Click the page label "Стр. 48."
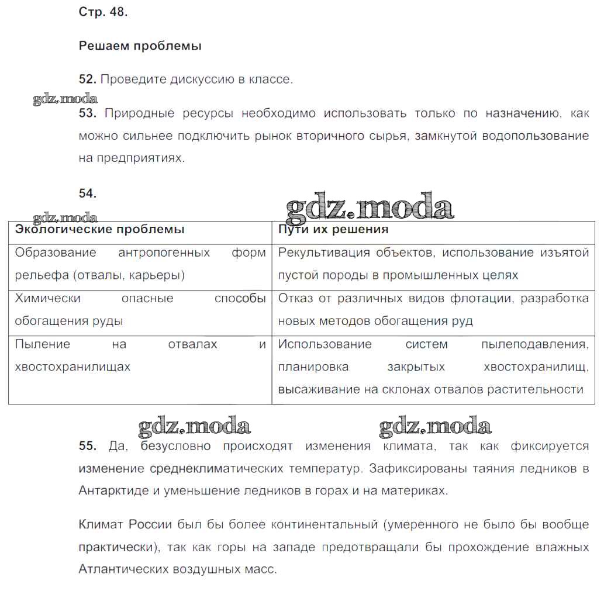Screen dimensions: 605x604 103,12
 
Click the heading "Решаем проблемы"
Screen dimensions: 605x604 140,46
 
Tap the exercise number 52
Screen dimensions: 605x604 87,79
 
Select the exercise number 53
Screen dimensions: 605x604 87,113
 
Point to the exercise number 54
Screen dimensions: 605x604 87,193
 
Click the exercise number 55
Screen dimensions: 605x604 87,446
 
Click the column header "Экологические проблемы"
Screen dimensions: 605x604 99,230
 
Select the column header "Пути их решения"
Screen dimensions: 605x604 333,230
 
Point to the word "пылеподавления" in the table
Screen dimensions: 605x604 534,344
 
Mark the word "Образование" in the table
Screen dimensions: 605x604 55,253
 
